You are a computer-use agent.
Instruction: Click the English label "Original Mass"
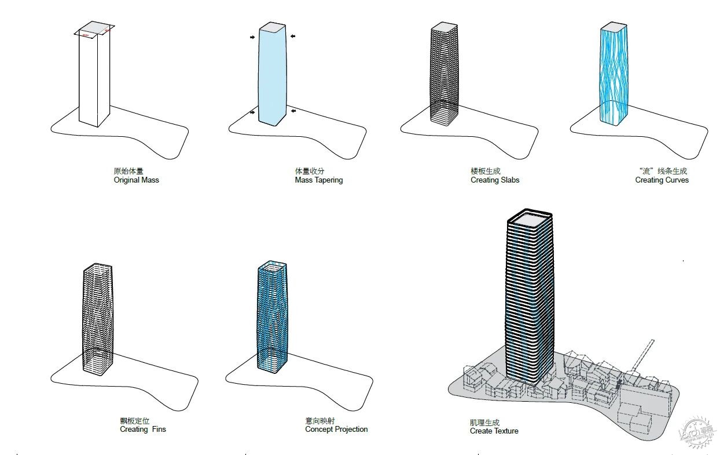pyautogui.click(x=136, y=180)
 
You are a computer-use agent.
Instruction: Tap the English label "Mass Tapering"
pyautogui.click(x=319, y=180)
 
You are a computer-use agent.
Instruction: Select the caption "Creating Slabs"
pyautogui.click(x=495, y=180)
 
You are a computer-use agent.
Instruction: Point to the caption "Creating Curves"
pyautogui.click(x=662, y=180)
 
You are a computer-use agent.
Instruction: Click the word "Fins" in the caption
pyautogui.click(x=159, y=429)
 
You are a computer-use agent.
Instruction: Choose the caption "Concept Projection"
pyautogui.click(x=336, y=429)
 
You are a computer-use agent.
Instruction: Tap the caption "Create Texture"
pyautogui.click(x=494, y=431)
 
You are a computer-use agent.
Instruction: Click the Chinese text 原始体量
pyautogui.click(x=128, y=171)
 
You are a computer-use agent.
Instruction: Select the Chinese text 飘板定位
pyautogui.click(x=135, y=421)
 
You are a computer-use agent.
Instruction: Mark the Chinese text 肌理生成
pyautogui.click(x=484, y=422)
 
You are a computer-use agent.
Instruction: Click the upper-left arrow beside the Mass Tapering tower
pyautogui.click(x=252, y=37)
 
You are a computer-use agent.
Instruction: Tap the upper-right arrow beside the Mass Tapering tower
pyautogui.click(x=293, y=37)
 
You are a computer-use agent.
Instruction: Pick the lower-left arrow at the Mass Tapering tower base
pyautogui.click(x=252, y=112)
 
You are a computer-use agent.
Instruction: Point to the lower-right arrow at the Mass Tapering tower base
pyautogui.click(x=293, y=111)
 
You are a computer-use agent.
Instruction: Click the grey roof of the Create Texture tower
pyautogui.click(x=530, y=220)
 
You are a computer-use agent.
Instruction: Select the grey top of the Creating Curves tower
pyautogui.click(x=614, y=27)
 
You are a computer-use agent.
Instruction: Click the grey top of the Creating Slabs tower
pyautogui.click(x=445, y=27)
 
